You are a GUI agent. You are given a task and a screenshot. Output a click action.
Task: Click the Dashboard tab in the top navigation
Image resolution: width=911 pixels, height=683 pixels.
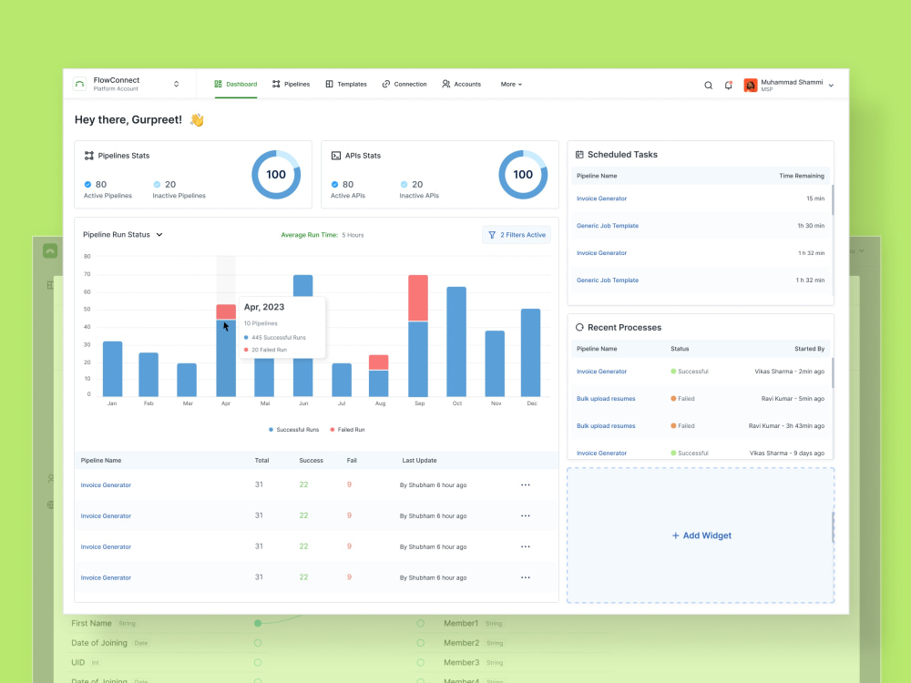(x=236, y=84)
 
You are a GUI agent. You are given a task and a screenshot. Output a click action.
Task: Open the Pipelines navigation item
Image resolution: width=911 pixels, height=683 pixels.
(x=291, y=84)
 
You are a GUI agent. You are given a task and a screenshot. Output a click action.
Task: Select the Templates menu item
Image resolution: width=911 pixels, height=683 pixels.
(x=346, y=84)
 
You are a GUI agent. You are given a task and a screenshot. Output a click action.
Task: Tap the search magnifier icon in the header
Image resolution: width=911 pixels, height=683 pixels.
(x=709, y=85)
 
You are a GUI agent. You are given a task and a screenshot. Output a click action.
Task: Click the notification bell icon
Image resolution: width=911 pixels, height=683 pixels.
(x=728, y=85)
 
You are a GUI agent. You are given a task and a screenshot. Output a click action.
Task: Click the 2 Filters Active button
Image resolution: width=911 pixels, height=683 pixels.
(x=517, y=235)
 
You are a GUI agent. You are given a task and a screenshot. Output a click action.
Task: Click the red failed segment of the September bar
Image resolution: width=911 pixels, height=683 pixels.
(x=418, y=298)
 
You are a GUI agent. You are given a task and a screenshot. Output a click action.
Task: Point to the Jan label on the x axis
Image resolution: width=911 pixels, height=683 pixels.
(x=112, y=403)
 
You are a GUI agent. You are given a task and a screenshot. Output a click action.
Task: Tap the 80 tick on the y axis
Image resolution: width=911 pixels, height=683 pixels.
(x=87, y=257)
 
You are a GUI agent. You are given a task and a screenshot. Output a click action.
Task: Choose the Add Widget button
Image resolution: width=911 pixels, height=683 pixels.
(x=701, y=535)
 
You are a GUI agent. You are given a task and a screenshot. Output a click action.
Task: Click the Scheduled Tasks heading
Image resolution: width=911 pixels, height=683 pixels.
(x=622, y=155)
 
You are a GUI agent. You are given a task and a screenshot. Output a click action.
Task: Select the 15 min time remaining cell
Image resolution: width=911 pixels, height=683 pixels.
(x=814, y=199)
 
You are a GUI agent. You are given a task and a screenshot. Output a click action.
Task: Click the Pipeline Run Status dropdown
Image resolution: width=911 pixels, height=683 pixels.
(x=123, y=235)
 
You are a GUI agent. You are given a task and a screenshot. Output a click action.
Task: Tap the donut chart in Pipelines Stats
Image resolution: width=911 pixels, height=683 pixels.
(x=276, y=175)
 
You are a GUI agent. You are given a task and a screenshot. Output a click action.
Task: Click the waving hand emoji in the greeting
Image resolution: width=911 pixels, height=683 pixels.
(x=197, y=120)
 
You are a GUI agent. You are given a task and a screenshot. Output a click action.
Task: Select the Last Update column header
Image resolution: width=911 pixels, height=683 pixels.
(x=420, y=461)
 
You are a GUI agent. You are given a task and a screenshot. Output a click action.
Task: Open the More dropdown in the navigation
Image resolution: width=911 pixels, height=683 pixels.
(x=511, y=84)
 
